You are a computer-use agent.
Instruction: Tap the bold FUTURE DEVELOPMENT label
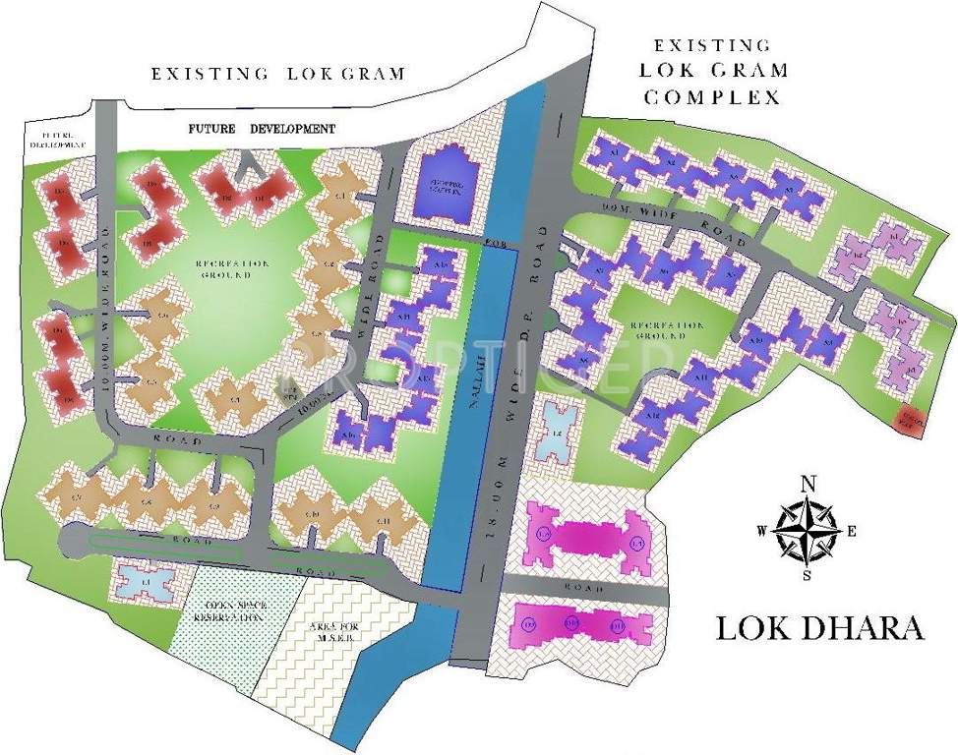[x=262, y=129]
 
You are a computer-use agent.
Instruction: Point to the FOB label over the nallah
[x=491, y=241]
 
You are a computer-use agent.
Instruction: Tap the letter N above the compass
[x=808, y=483]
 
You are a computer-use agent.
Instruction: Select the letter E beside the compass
[x=852, y=532]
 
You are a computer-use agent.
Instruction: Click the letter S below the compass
[x=807, y=576]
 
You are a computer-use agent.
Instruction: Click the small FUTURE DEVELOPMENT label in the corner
[x=56, y=139]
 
